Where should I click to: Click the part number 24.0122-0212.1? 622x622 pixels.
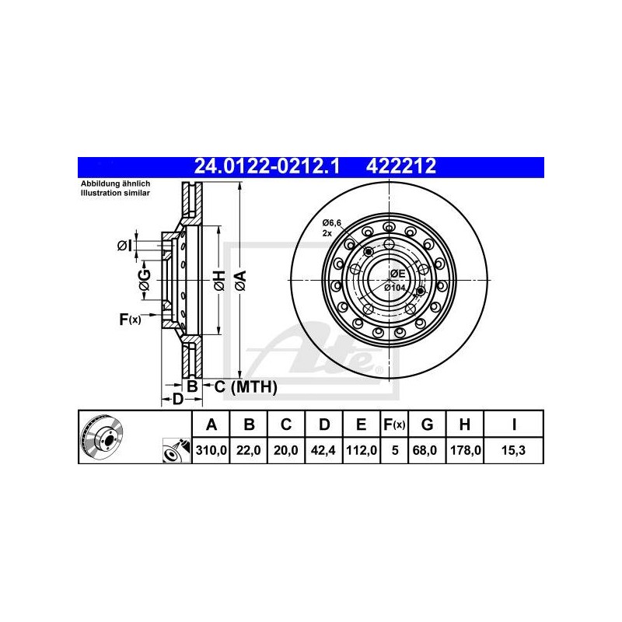(267, 166)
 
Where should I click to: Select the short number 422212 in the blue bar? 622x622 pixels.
(401, 166)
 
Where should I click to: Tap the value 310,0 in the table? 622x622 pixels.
(211, 450)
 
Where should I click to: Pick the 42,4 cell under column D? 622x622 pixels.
(323, 450)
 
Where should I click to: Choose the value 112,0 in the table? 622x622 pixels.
(362, 450)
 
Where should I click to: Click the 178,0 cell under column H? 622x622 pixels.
(465, 450)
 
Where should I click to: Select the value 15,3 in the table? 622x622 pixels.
(513, 450)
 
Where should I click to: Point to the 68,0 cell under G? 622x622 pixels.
(427, 450)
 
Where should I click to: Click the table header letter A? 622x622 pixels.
(211, 425)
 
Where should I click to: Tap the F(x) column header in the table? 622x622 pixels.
(394, 425)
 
